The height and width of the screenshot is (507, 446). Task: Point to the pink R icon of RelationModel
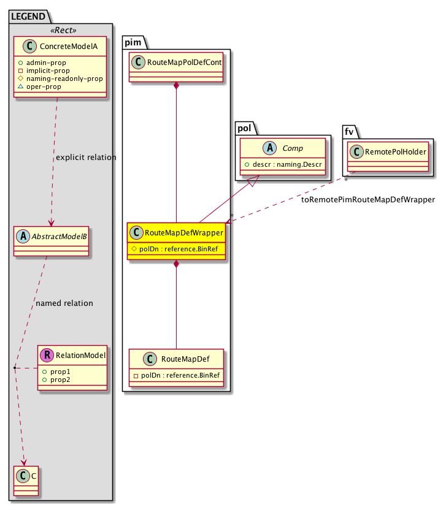coord(47,354)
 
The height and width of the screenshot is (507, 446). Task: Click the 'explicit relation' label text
coord(86,158)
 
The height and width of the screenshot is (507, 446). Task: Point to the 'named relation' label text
coord(64,303)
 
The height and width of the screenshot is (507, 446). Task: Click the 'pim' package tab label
coord(133,42)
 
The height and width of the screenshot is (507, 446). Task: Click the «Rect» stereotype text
coord(61,30)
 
